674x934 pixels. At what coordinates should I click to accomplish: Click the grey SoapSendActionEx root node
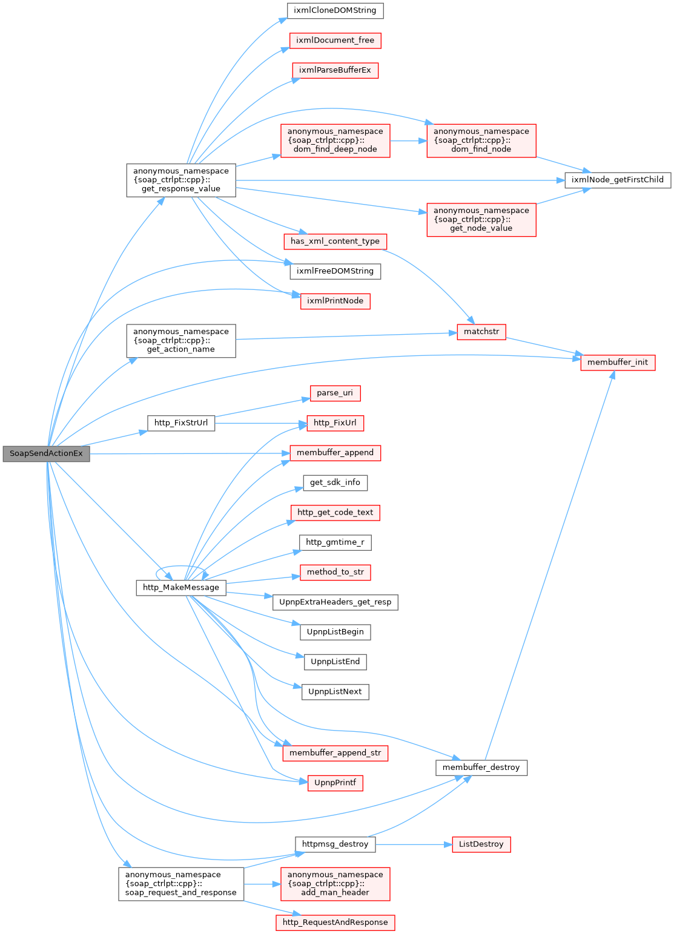point(46,453)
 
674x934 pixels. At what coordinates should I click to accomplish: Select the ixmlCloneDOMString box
point(335,10)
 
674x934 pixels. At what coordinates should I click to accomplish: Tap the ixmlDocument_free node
point(335,41)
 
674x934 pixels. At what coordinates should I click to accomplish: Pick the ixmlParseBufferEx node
point(335,70)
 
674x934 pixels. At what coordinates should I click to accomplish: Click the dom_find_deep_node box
point(335,141)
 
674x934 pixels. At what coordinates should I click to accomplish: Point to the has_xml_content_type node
point(335,242)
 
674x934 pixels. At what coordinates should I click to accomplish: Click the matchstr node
point(481,332)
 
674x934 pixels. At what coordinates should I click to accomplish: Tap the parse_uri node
point(335,393)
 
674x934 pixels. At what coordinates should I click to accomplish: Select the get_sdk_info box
point(335,483)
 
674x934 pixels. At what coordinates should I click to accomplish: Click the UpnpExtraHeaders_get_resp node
point(335,603)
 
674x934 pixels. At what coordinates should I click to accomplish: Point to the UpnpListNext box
point(335,692)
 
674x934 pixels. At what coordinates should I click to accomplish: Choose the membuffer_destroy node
point(481,768)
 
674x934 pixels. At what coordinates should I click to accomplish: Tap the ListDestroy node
point(481,845)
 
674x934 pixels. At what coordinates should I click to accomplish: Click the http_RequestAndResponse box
point(335,923)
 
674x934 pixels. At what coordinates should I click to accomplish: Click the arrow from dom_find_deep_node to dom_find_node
point(409,141)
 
